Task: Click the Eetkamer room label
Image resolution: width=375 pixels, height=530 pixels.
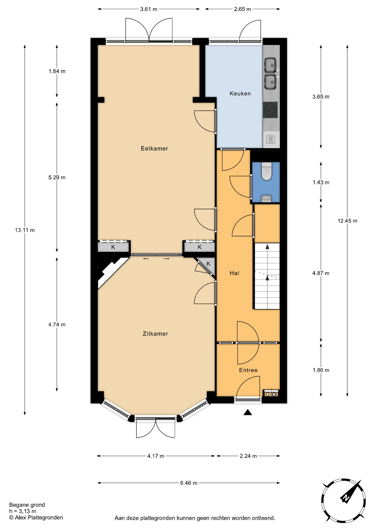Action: tap(154, 149)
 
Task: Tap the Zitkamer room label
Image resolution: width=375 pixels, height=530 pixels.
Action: tap(155, 334)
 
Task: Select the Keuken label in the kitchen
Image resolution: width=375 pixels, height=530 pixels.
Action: tap(240, 94)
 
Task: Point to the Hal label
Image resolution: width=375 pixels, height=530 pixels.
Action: tap(234, 273)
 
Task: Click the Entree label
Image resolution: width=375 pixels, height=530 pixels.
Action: tap(248, 370)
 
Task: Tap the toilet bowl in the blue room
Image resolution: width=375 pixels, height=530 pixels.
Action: tap(267, 171)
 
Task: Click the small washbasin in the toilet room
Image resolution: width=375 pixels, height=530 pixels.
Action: tap(266, 199)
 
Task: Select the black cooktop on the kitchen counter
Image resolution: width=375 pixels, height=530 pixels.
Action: tap(270, 110)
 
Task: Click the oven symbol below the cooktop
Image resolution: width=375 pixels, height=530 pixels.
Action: tap(271, 139)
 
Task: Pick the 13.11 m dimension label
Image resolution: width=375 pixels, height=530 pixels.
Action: tap(25, 230)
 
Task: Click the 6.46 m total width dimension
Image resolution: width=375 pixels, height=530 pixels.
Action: tap(189, 483)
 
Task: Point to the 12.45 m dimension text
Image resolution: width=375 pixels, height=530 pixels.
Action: tap(347, 221)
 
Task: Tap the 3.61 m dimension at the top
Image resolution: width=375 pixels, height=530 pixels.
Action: tap(149, 9)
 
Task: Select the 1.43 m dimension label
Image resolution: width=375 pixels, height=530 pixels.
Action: tap(321, 182)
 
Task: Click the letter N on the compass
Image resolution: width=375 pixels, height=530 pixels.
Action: tap(345, 498)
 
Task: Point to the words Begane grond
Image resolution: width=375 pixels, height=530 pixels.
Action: tap(27, 505)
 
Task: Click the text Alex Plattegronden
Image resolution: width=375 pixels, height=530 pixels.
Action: tap(39, 518)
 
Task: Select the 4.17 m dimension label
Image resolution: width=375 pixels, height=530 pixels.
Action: tap(156, 456)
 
